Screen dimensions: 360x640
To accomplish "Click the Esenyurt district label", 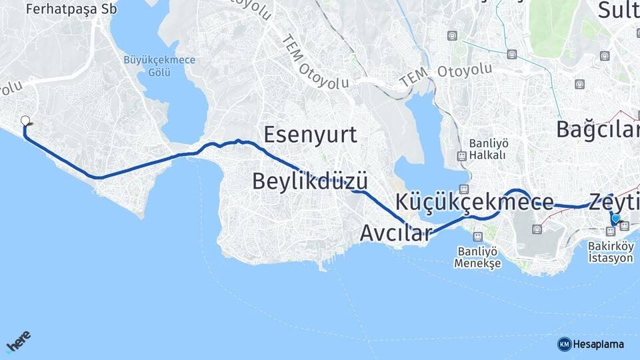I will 310,135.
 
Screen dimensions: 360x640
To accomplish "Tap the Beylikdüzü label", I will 310,181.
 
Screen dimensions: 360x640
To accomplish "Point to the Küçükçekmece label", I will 475,201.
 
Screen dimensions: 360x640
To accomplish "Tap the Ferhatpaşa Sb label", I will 61,9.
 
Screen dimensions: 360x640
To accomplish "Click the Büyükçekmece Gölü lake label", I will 159,65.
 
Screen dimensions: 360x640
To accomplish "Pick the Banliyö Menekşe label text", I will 477,257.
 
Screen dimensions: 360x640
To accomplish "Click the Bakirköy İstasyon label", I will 611,252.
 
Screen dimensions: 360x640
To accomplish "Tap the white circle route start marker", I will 25,121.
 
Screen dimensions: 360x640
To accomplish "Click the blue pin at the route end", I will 615,219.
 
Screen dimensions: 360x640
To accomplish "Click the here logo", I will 19,341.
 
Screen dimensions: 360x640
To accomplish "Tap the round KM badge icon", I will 565,344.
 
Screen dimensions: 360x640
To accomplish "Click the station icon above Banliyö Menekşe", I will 477,237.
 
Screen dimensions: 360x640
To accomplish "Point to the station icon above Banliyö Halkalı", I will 461,156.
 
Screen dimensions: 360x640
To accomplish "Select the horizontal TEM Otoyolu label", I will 446,75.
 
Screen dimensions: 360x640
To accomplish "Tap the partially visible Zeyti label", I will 613,201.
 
